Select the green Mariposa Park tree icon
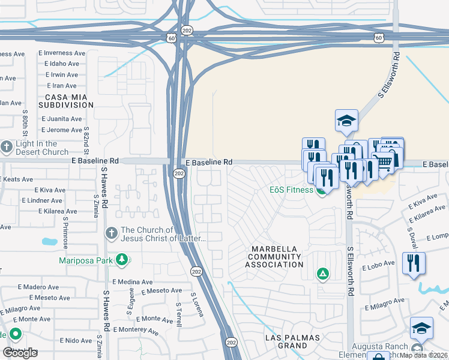pos(122,260)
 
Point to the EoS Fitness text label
pos(291,190)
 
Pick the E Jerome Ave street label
pos(61,130)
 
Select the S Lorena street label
pos(194,304)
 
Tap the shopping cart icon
pos(382,161)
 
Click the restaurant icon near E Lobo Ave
pos(414,263)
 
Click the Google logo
pos(20,353)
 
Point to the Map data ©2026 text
pos(423,355)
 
